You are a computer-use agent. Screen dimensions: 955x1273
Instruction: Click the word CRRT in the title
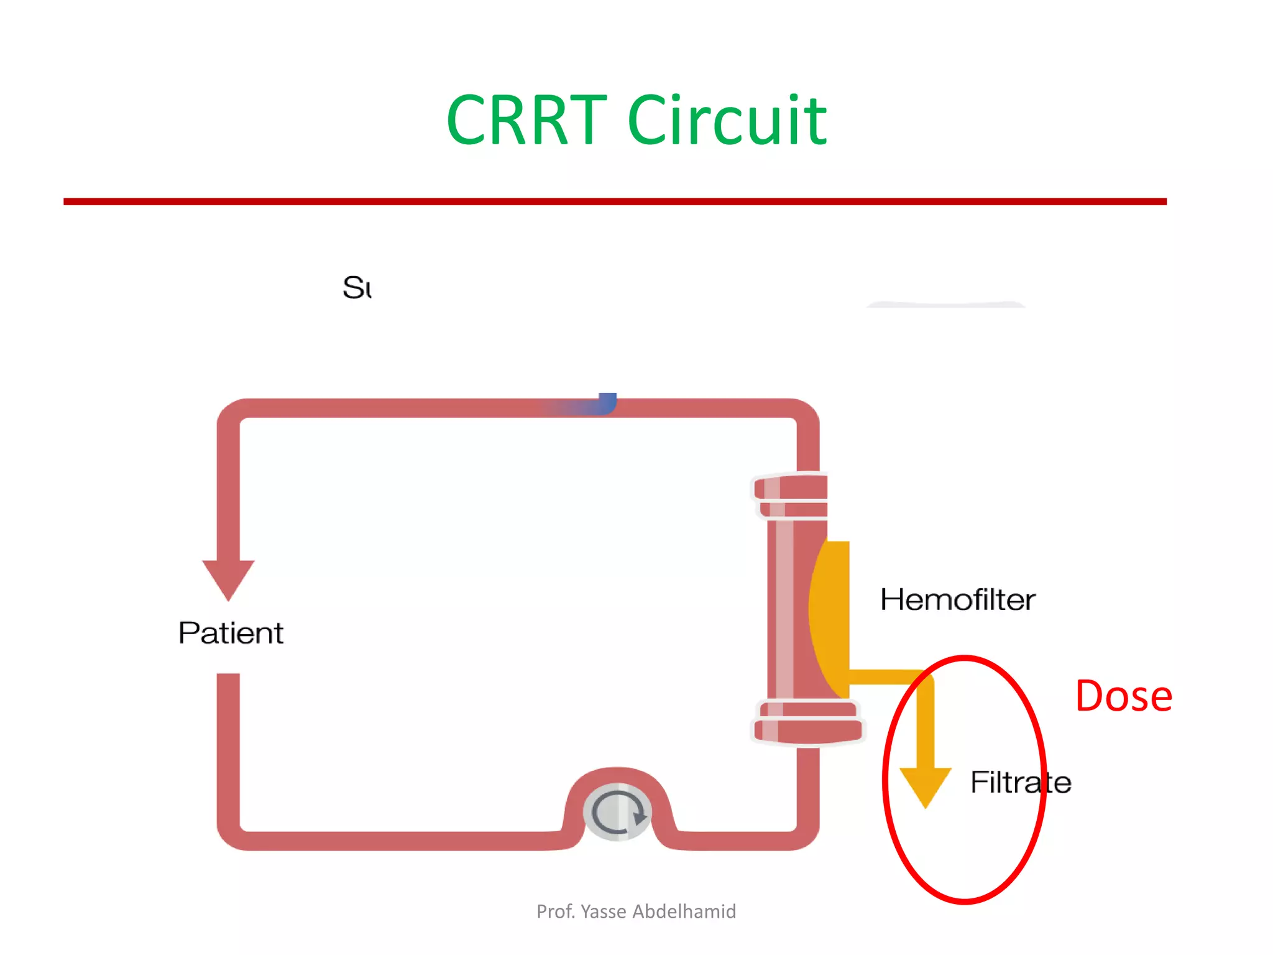[x=526, y=121]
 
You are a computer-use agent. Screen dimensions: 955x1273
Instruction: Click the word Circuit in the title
[x=727, y=121]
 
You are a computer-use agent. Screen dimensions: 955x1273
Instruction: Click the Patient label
[x=231, y=633]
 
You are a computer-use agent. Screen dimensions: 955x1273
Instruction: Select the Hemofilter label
[x=957, y=600]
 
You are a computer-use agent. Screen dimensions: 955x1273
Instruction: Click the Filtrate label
[x=1020, y=782]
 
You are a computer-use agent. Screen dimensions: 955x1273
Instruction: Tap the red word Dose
[x=1123, y=696]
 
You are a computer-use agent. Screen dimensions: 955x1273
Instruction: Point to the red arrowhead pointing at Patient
[x=228, y=578]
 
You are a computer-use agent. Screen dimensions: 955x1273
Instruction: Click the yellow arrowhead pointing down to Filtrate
[x=926, y=785]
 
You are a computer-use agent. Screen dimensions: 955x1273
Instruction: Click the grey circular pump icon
[x=617, y=812]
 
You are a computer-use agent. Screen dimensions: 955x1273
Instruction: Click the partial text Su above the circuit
[x=357, y=288]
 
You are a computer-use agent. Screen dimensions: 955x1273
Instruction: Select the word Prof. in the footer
[x=555, y=911]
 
